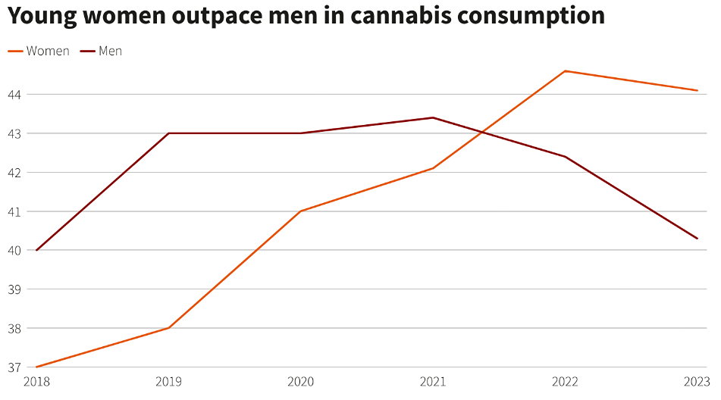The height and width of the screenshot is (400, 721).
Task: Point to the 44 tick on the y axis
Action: pos(15,94)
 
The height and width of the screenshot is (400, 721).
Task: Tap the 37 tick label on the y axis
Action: pos(15,367)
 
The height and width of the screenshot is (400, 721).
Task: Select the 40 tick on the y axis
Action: pos(15,250)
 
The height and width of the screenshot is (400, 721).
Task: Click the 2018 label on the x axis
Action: pos(36,381)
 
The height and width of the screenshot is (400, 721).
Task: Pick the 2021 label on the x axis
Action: pos(433,381)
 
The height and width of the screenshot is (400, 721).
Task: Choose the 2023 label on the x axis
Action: pos(696,381)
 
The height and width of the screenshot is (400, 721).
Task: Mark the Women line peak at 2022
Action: pos(565,71)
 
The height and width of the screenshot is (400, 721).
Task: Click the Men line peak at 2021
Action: pos(433,117)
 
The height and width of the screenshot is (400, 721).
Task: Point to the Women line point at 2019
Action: pos(168,328)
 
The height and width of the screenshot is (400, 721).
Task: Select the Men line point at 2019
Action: pos(168,133)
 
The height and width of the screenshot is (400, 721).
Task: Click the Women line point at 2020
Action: pos(301,211)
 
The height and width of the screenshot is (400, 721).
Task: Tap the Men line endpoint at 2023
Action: pos(697,239)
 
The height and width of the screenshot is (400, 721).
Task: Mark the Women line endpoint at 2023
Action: pos(697,90)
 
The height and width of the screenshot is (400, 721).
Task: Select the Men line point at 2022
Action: pos(565,157)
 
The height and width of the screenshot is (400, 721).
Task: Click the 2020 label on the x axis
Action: pos(301,381)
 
